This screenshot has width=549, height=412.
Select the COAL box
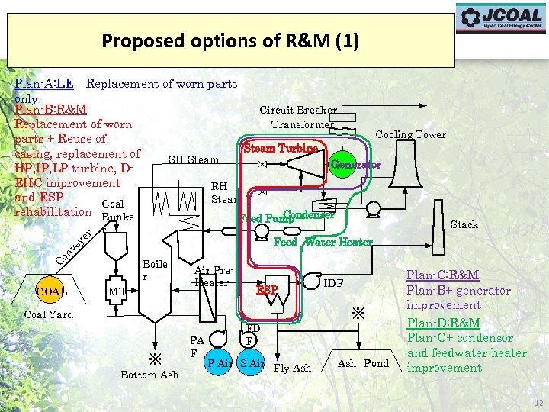click(52, 291)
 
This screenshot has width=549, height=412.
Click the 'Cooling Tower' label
click(410, 134)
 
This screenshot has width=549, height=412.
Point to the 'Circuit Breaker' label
click(298, 110)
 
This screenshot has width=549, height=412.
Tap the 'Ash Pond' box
click(363, 364)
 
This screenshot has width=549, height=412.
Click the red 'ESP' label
click(267, 291)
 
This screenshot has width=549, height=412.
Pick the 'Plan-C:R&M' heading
click(442, 275)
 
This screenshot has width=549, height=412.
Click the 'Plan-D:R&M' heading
click(442, 323)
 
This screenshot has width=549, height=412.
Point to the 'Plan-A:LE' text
click(44, 83)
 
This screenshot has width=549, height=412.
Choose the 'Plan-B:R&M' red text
click(50, 110)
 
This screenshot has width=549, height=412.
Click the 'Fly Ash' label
click(292, 368)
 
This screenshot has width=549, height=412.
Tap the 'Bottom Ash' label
click(149, 374)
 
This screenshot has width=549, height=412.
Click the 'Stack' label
click(464, 224)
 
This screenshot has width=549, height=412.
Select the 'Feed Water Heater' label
click(323, 243)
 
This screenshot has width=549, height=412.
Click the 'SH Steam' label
click(193, 159)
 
